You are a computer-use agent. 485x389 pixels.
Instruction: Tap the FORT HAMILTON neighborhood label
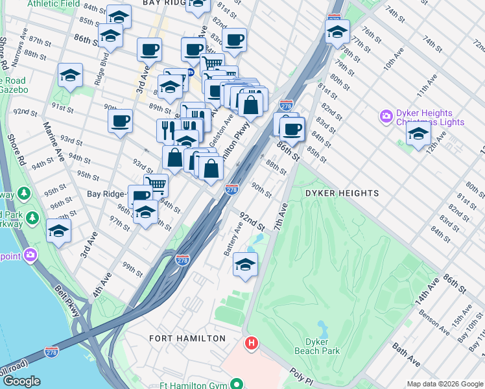point(187,338)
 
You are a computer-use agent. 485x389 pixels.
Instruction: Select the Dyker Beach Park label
point(322,346)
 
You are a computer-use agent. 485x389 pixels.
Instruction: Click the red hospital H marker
point(249,342)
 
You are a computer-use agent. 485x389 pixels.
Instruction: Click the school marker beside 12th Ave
point(418,134)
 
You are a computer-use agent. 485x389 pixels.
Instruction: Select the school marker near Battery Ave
point(245,265)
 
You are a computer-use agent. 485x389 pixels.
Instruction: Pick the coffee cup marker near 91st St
point(120,121)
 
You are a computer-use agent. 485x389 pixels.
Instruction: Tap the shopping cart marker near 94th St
point(156,185)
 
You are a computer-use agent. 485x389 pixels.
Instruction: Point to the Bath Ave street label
point(406,355)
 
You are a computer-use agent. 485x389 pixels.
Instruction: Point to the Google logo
point(21,381)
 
